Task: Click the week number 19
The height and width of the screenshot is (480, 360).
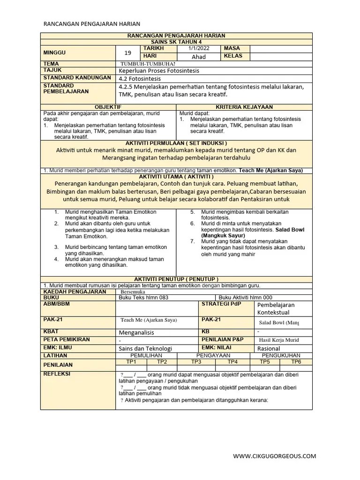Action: click(x=128, y=52)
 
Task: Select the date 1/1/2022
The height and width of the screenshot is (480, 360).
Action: click(x=198, y=48)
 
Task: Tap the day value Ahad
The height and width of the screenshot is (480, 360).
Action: click(x=199, y=57)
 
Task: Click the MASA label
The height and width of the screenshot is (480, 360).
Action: click(x=232, y=48)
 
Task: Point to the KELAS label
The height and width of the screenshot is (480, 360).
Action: click(x=233, y=56)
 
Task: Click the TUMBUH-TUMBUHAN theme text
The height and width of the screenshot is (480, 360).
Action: click(x=148, y=64)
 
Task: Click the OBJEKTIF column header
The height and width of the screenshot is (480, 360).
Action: click(x=108, y=107)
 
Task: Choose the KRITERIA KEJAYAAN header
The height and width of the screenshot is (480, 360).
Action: click(x=244, y=107)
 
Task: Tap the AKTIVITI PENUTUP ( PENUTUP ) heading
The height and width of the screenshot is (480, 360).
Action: click(x=176, y=279)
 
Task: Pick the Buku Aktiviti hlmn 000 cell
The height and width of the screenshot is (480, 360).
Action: click(x=245, y=298)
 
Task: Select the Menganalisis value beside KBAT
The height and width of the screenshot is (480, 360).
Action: click(x=136, y=332)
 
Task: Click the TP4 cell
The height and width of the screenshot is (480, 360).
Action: click(x=232, y=362)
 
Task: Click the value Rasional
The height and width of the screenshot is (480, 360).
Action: click(x=270, y=349)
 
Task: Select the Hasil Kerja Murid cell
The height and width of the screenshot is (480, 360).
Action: click(x=278, y=340)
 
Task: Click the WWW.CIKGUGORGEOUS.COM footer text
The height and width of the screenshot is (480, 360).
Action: click(x=275, y=456)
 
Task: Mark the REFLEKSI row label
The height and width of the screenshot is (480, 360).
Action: click(x=57, y=374)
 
